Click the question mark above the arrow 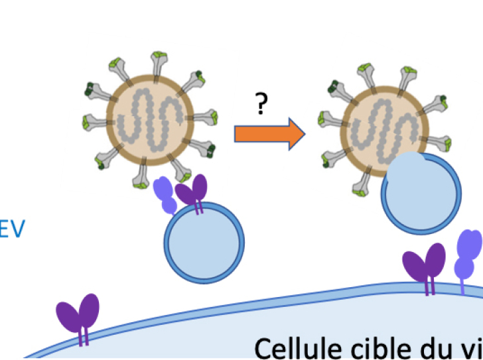261,105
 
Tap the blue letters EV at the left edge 12,229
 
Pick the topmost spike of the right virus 404,74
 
